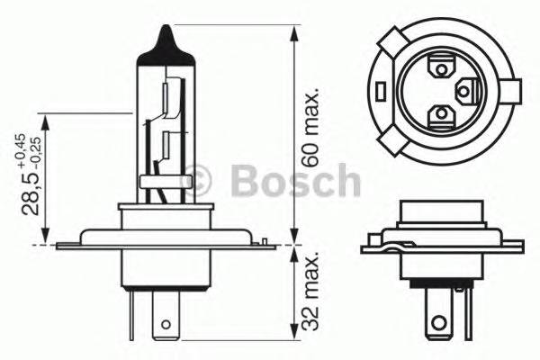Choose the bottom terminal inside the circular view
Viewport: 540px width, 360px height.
(x=440, y=114)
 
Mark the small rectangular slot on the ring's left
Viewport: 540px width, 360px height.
(x=382, y=90)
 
